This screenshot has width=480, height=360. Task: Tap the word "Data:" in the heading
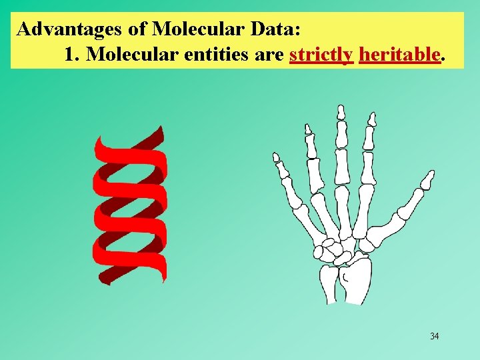(279, 29)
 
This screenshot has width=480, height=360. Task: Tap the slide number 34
(435, 336)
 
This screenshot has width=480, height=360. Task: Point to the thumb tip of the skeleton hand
(429, 176)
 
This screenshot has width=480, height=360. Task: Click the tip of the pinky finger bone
(276, 157)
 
